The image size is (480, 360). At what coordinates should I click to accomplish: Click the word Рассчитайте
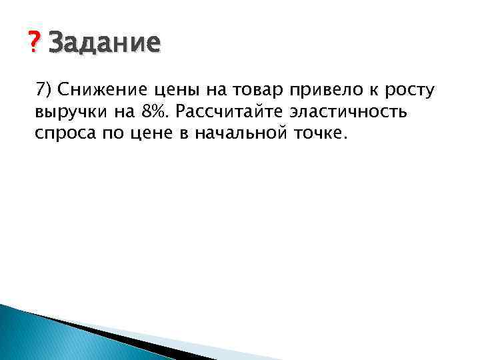click(228, 113)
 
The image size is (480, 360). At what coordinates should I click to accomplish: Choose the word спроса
click(64, 134)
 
